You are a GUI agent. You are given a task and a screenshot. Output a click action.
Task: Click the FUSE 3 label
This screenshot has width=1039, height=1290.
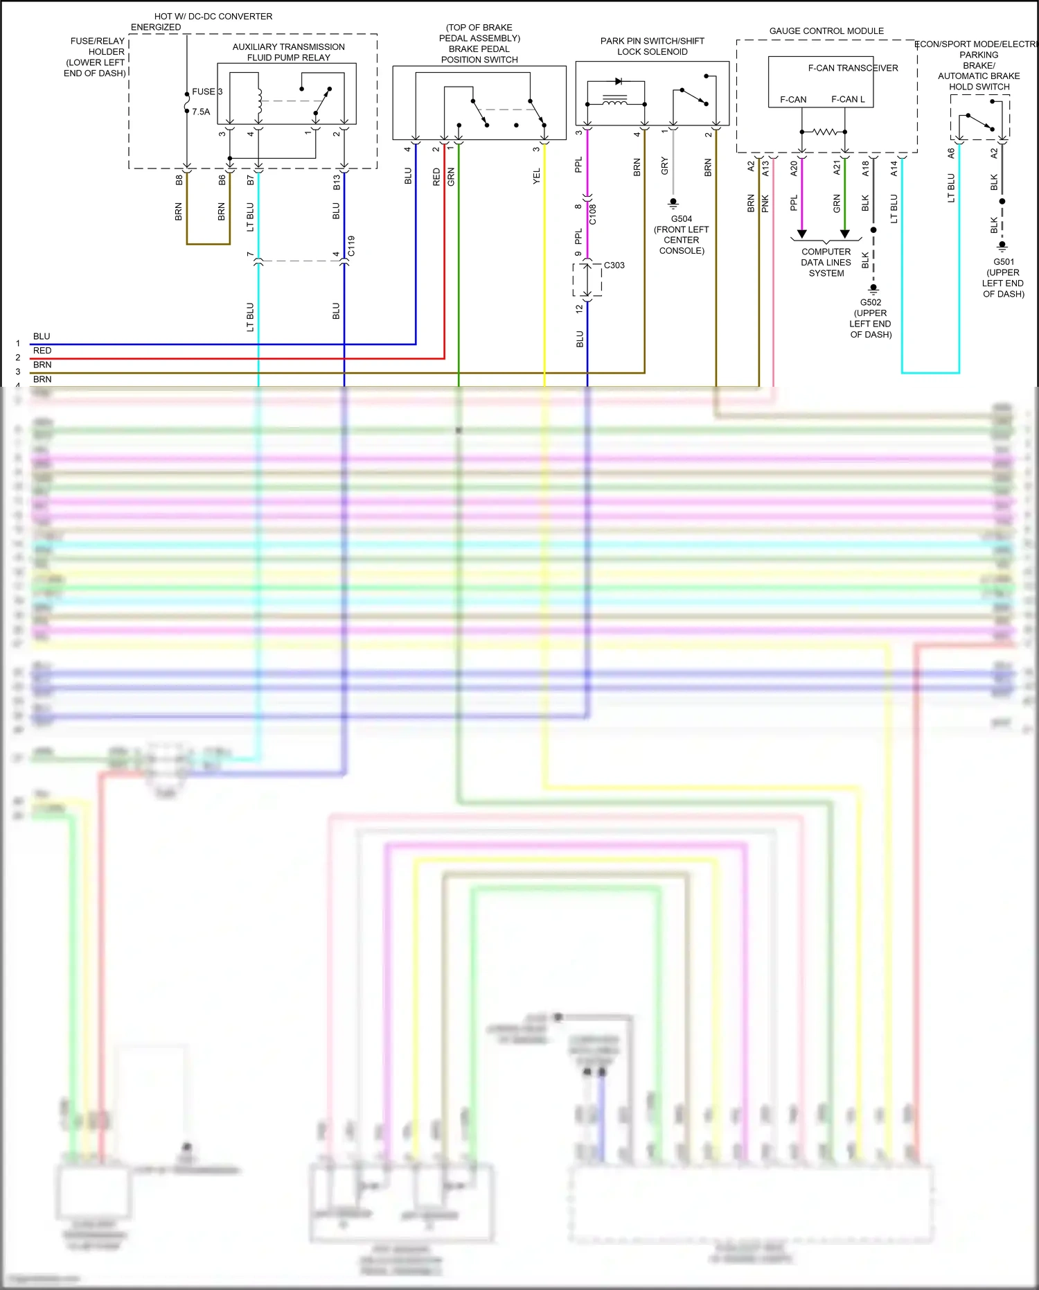[x=207, y=91]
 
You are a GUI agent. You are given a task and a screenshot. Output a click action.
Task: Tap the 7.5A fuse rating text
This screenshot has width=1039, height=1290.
[x=201, y=112]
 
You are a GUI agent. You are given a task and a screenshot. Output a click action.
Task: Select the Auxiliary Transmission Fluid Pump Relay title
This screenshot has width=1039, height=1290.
[x=288, y=52]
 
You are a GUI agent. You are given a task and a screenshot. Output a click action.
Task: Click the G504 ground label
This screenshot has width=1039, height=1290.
[x=682, y=219]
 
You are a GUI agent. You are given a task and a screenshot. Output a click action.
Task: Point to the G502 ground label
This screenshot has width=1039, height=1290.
[x=871, y=302]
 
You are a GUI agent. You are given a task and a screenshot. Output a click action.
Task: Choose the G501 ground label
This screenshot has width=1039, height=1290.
[x=1004, y=262]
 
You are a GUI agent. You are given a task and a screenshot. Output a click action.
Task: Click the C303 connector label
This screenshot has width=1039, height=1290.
[x=614, y=265]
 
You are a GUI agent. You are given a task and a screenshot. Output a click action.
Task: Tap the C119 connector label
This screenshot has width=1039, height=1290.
[x=351, y=246]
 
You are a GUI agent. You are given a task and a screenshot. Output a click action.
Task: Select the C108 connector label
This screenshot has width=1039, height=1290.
[x=593, y=214]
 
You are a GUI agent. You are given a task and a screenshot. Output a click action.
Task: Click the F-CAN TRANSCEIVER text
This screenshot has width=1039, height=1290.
[x=853, y=68]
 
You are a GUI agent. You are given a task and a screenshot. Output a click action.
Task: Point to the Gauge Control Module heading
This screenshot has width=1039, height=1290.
[x=826, y=31]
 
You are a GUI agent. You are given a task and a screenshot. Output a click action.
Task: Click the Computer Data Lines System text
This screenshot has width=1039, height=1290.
[x=826, y=263]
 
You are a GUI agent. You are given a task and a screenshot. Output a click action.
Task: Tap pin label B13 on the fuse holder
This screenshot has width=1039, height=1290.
[x=337, y=182]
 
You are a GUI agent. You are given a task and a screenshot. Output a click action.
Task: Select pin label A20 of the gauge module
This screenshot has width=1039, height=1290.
[x=794, y=168]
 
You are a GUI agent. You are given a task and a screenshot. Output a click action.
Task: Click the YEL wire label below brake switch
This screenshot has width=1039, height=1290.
[x=537, y=176]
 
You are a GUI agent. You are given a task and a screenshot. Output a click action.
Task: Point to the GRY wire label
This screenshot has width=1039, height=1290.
[x=665, y=166]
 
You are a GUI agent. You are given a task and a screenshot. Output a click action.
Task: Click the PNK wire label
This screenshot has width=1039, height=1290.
[x=765, y=203]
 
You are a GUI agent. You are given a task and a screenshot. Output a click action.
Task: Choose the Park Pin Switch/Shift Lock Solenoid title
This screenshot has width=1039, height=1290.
[x=652, y=46]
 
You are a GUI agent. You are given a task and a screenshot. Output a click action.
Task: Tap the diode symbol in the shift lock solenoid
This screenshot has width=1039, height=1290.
[x=619, y=82]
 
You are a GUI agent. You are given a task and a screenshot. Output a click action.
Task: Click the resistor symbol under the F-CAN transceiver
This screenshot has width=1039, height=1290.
[x=824, y=132]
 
